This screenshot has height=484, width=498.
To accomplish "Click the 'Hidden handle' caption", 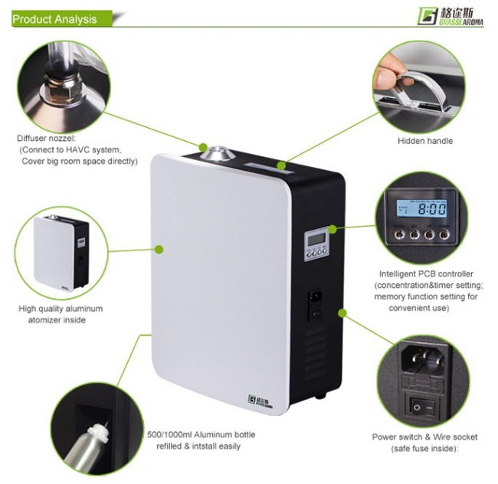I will tap(424, 141).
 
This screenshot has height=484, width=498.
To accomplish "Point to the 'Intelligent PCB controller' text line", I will tap(426, 273).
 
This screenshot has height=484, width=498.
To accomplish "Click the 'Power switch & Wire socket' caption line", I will tap(424, 437).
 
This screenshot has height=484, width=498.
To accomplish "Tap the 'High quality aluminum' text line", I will tap(61, 309).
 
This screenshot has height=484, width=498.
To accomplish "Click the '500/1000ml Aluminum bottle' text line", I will tap(201, 435).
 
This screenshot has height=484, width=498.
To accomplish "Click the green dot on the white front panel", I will tap(159, 249).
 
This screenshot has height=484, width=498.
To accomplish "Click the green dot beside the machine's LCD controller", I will tap(333, 227).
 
